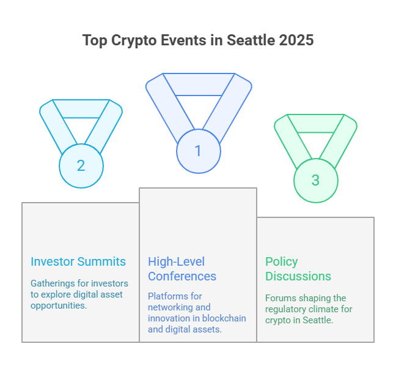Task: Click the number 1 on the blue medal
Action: click(x=198, y=151)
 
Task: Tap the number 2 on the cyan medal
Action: click(x=81, y=165)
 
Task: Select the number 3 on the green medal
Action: click(x=315, y=180)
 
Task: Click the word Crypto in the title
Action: click(x=134, y=40)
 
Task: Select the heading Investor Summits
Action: click(x=78, y=261)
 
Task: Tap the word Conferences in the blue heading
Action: click(x=182, y=276)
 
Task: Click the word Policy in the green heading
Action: click(x=282, y=262)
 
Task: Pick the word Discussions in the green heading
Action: click(x=298, y=276)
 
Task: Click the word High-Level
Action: click(x=176, y=262)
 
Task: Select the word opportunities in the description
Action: click(x=59, y=306)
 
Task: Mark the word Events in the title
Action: click(x=183, y=40)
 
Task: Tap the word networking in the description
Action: click(x=170, y=307)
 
